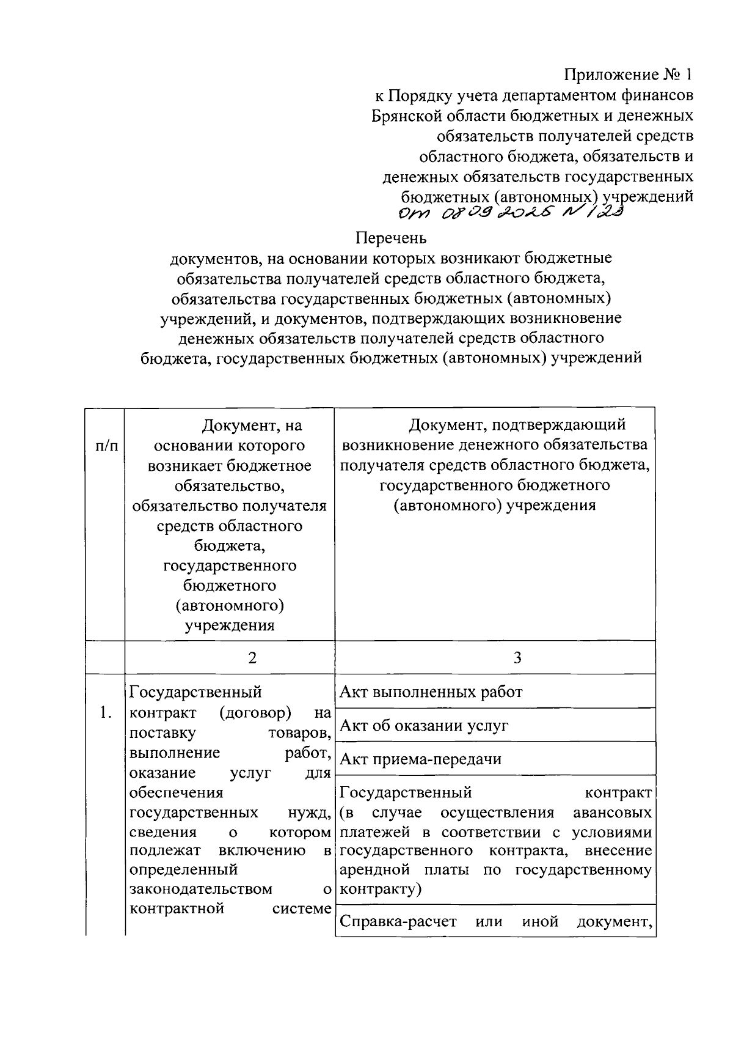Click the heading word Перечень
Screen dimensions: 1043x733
click(391, 237)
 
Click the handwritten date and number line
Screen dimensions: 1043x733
click(510, 214)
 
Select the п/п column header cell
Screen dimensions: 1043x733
click(105, 446)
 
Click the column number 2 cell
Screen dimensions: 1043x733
click(252, 658)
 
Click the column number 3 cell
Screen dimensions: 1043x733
click(517, 658)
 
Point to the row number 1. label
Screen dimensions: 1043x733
click(105, 712)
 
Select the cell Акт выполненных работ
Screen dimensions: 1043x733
click(431, 692)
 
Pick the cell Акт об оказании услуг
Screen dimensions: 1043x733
click(423, 726)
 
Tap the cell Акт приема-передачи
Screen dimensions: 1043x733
click(420, 759)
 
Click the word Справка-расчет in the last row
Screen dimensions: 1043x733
click(398, 921)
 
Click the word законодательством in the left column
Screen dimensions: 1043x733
click(201, 889)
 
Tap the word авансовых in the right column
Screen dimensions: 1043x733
click(612, 813)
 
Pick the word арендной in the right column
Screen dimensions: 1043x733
click(374, 870)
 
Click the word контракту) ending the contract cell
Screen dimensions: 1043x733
click(381, 889)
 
